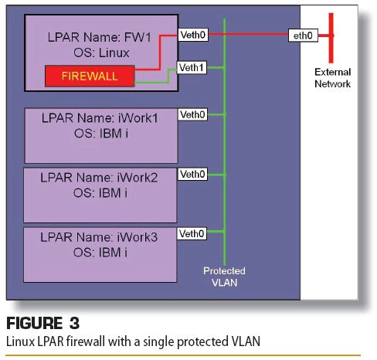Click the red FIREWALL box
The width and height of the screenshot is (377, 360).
(x=90, y=76)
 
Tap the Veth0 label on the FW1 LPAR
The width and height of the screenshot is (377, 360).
(x=193, y=35)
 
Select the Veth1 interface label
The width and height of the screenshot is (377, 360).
(x=192, y=68)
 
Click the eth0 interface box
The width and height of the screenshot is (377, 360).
(x=303, y=36)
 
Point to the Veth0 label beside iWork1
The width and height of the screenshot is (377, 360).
(x=192, y=114)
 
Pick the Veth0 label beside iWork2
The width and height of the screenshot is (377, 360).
(x=192, y=175)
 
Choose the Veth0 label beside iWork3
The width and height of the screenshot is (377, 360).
(x=192, y=234)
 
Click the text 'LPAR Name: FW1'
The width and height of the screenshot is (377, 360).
(x=100, y=37)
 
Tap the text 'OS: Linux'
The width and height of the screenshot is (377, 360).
(x=101, y=53)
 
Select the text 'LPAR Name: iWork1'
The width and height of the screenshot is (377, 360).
(x=100, y=118)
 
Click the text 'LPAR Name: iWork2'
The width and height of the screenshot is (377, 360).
(x=99, y=178)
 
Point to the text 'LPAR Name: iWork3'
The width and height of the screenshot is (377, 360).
(x=99, y=237)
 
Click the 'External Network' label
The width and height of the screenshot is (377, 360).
(x=333, y=78)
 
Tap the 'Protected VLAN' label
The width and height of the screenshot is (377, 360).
(x=224, y=277)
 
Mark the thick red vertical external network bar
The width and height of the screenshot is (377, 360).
(x=331, y=38)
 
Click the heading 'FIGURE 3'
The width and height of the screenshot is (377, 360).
(x=42, y=323)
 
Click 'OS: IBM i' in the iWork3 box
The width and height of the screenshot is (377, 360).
(x=100, y=253)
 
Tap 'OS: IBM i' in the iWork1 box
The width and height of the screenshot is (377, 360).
(x=101, y=134)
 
